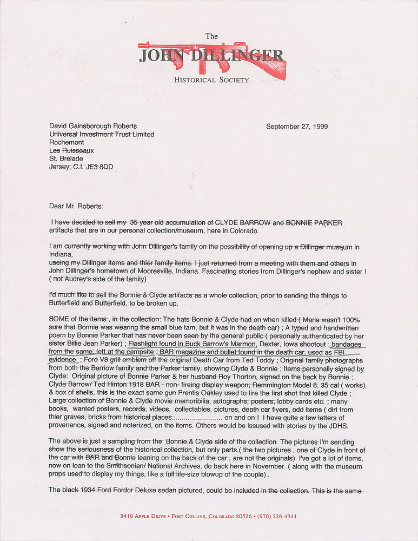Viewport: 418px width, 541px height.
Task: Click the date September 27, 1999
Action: (297, 127)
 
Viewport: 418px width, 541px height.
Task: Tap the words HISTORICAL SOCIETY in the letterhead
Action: (211, 80)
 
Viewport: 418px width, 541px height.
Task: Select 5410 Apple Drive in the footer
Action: (142, 516)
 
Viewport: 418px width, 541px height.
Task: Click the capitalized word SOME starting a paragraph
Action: (59, 319)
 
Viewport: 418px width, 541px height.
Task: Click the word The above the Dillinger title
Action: (211, 36)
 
